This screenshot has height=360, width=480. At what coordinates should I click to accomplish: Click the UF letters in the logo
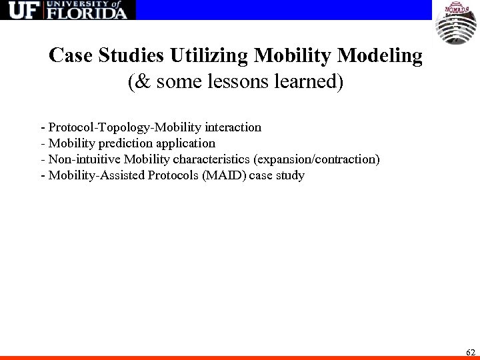pos(21,11)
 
